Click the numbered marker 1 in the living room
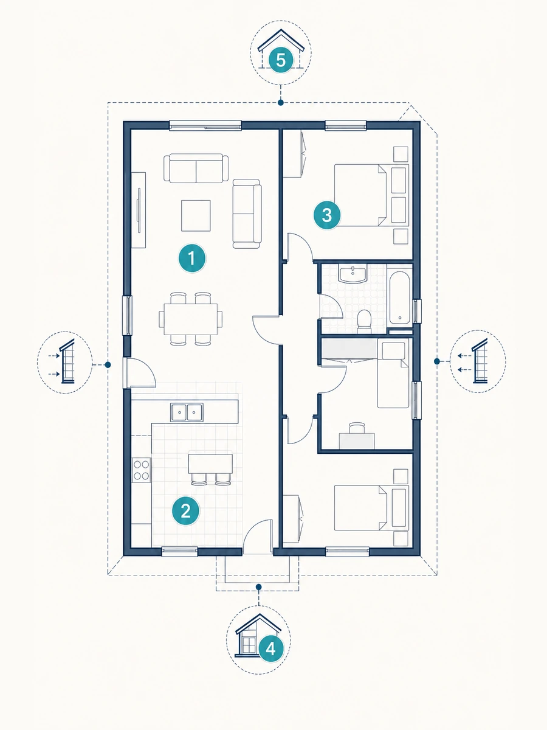click(x=192, y=258)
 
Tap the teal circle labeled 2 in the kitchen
click(x=185, y=511)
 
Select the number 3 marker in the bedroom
click(x=327, y=215)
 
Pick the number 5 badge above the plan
click(x=281, y=61)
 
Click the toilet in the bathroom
click(x=364, y=321)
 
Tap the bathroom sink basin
click(x=353, y=274)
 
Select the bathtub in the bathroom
click(x=400, y=299)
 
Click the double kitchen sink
click(x=187, y=412)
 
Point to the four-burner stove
click(x=141, y=470)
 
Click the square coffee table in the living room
click(x=196, y=215)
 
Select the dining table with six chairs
click(x=191, y=319)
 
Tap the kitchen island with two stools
click(x=210, y=469)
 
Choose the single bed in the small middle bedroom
click(x=393, y=373)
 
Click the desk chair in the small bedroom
click(x=357, y=428)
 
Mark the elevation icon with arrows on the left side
click(x=65, y=363)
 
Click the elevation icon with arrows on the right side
click(x=478, y=361)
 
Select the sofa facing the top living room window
click(x=196, y=168)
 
